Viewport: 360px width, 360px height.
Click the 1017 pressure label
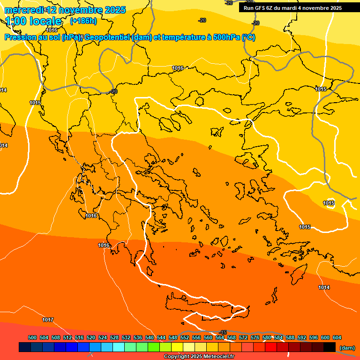pyautogui.click(x=48, y=320)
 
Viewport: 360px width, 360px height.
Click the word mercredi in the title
pyautogui.click(x=23, y=10)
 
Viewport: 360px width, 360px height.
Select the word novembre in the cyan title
pyautogui.click(x=80, y=10)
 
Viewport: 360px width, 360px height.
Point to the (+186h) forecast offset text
pyautogui.click(x=83, y=21)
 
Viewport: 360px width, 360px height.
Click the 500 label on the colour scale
pyautogui.click(x=32, y=337)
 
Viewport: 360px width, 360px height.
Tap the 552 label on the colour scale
pyautogui.click(x=185, y=337)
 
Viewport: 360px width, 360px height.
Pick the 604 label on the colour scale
pyautogui.click(x=337, y=337)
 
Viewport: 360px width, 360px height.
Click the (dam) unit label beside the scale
pyautogui.click(x=347, y=348)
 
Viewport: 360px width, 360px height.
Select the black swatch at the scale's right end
pyautogui.click(x=330, y=347)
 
